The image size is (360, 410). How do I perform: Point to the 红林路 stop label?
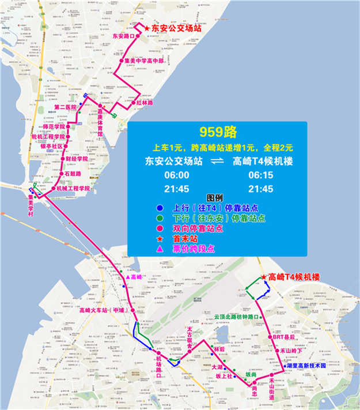click(145, 103)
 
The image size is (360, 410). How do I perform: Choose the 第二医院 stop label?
click(65, 107)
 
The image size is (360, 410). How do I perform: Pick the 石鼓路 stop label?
click(73, 173)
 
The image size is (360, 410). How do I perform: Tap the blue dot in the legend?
click(159, 209)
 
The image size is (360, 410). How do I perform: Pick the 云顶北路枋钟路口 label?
click(235, 317)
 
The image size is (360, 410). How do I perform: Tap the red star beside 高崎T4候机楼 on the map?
click(264, 277)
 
